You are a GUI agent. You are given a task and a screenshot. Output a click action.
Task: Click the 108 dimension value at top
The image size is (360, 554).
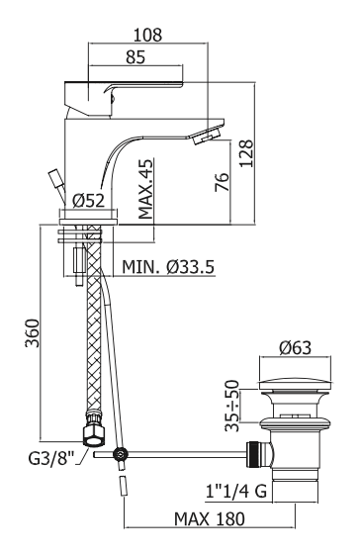[x=147, y=35]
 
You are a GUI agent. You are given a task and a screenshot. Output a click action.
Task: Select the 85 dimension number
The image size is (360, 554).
[x=135, y=57]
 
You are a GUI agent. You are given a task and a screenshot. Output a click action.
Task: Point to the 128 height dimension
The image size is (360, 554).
[x=246, y=153]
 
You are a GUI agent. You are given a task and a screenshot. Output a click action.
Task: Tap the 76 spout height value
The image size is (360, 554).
[x=223, y=182]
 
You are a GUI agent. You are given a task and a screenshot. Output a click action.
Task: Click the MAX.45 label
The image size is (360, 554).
[x=146, y=189]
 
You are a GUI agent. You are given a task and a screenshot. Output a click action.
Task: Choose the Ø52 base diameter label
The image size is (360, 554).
[x=89, y=201]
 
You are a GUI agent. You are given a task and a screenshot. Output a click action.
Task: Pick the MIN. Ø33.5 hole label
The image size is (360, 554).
[x=168, y=267]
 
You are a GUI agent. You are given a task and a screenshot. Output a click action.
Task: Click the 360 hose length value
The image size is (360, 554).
[x=33, y=333]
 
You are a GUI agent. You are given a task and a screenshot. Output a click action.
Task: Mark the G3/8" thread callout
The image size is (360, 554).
[x=51, y=458]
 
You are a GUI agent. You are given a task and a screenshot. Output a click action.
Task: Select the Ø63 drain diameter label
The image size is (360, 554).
[x=296, y=347]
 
